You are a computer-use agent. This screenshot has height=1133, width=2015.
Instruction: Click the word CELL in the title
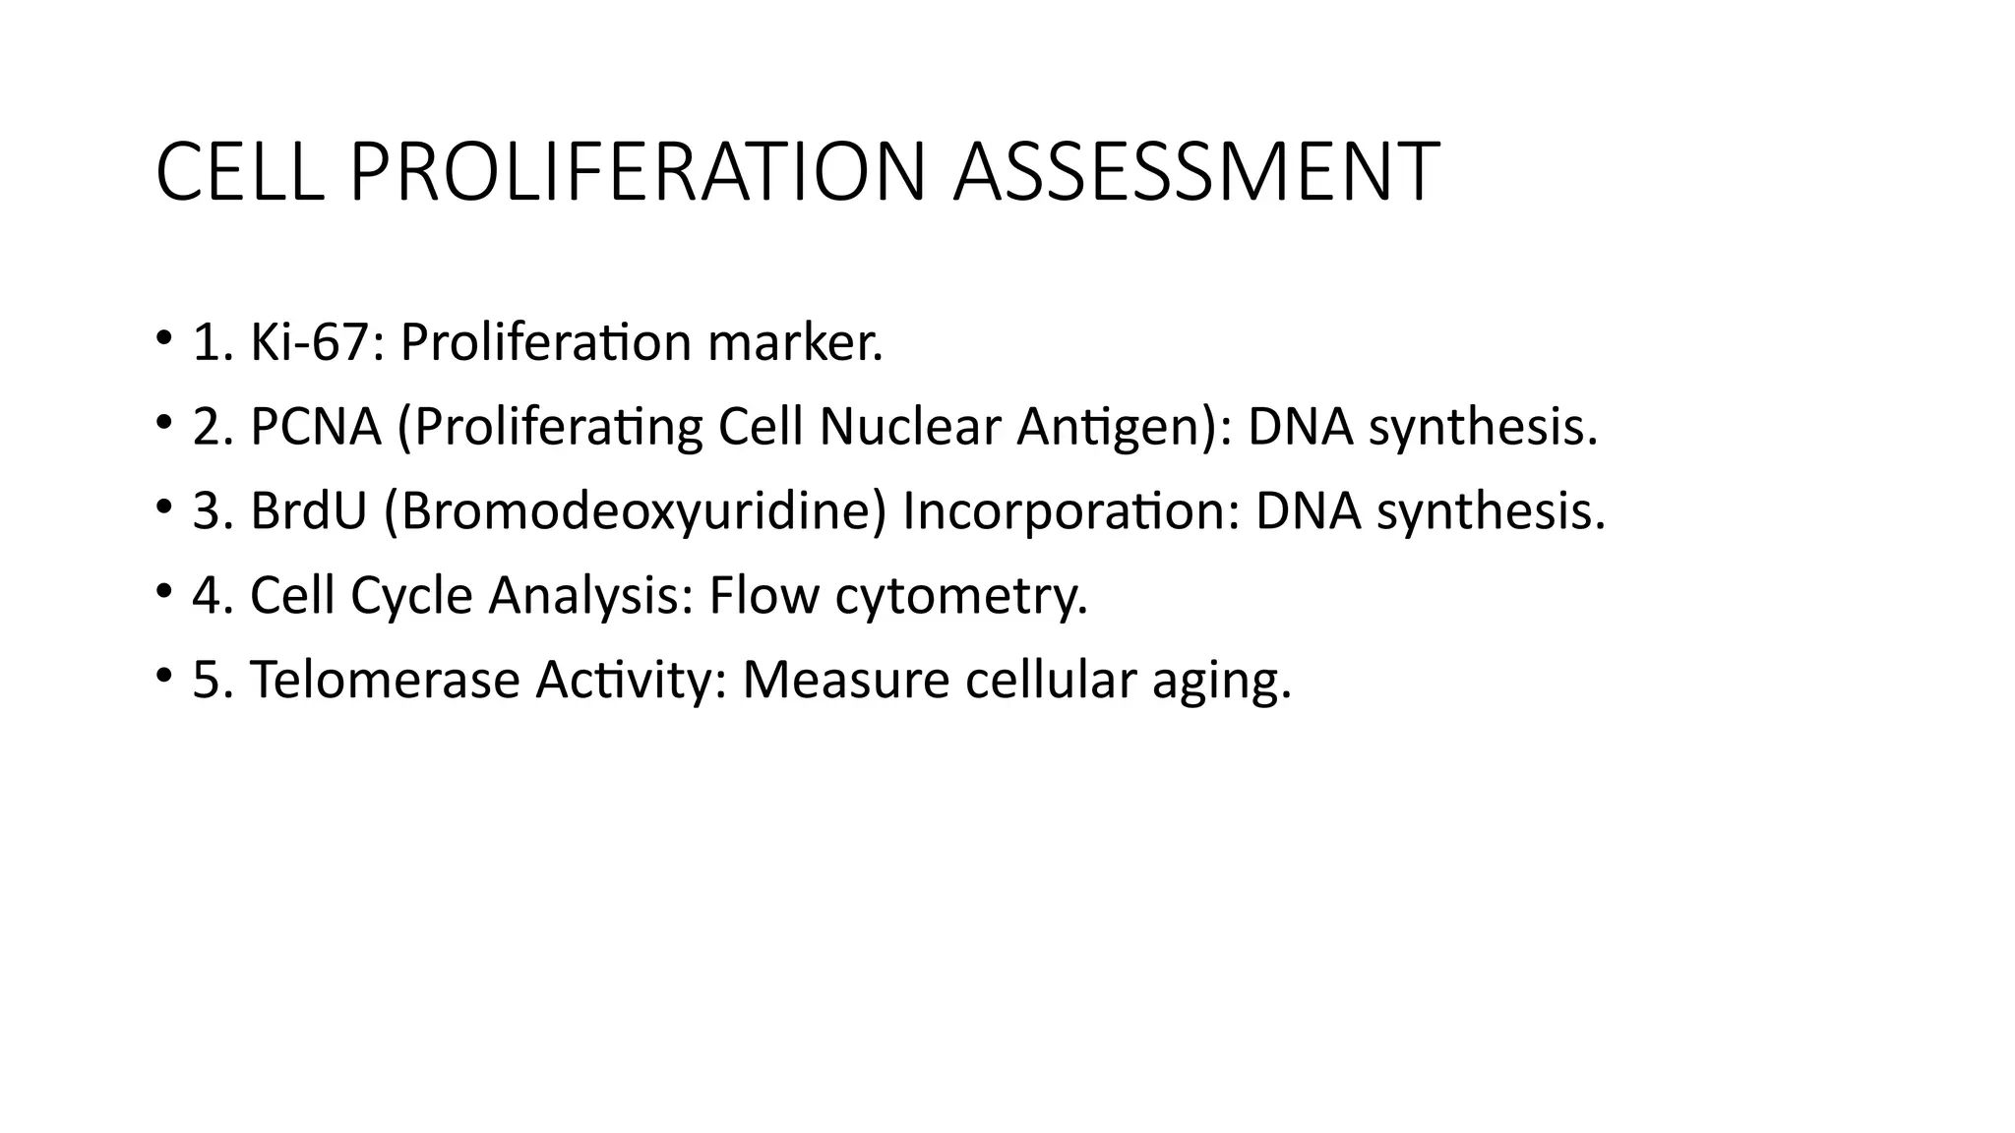click(x=239, y=173)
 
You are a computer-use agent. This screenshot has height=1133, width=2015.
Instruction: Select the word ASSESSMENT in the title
click(x=1196, y=173)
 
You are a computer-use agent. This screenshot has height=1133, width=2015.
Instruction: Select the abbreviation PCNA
click(x=315, y=427)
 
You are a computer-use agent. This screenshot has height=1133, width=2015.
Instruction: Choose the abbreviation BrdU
click(x=308, y=511)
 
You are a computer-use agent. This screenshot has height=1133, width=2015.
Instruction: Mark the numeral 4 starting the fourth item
click(x=207, y=596)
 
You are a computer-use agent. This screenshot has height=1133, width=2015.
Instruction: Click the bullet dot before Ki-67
click(x=162, y=339)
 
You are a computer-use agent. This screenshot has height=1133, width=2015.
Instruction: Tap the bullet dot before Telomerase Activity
click(x=162, y=677)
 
